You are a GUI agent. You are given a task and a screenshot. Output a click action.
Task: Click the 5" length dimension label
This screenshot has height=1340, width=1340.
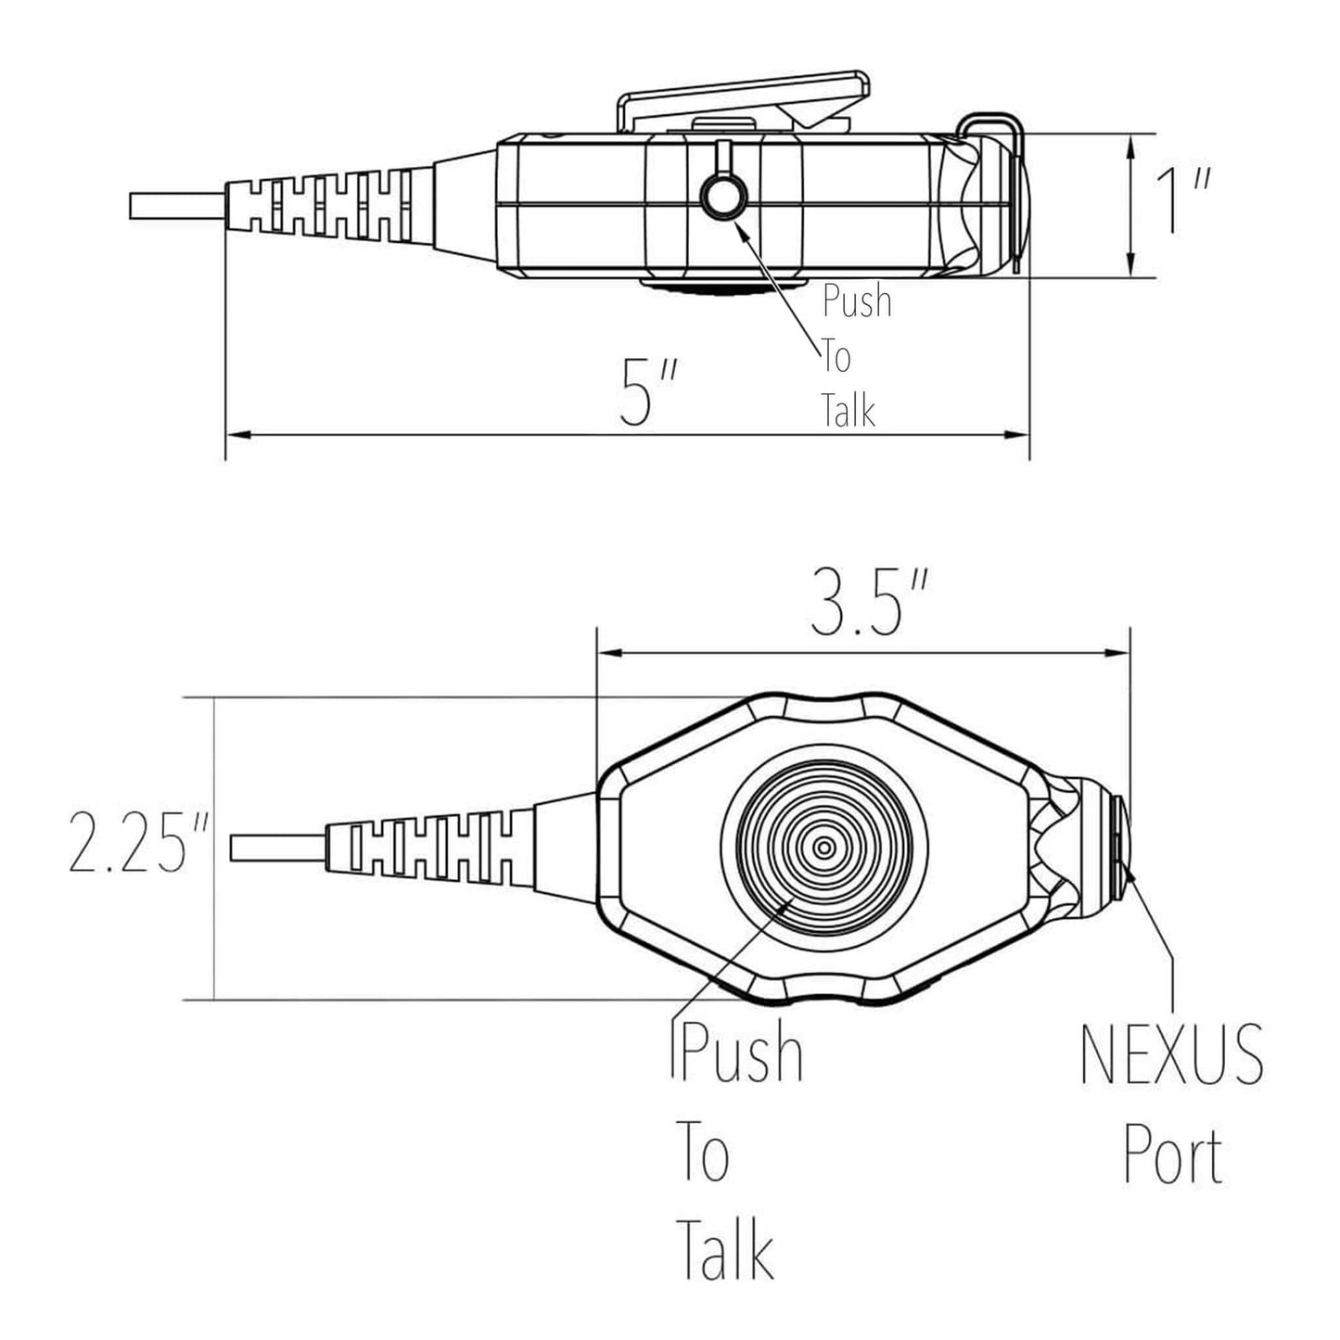649,394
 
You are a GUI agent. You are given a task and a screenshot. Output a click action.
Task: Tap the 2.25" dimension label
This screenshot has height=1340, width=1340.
130,843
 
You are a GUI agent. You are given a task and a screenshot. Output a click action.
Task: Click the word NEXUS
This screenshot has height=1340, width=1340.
1172,1054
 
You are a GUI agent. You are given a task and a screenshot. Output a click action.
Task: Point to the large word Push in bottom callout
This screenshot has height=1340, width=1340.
741,1053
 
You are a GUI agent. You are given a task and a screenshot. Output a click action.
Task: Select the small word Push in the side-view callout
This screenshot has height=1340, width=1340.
857,302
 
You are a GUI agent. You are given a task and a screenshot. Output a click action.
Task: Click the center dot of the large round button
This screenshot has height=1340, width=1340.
823,848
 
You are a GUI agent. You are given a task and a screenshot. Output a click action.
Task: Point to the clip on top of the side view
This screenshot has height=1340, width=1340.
745,100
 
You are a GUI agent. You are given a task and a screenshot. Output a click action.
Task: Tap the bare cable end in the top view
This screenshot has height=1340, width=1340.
276,848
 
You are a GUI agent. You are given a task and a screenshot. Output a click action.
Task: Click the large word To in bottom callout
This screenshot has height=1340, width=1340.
703,1151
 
